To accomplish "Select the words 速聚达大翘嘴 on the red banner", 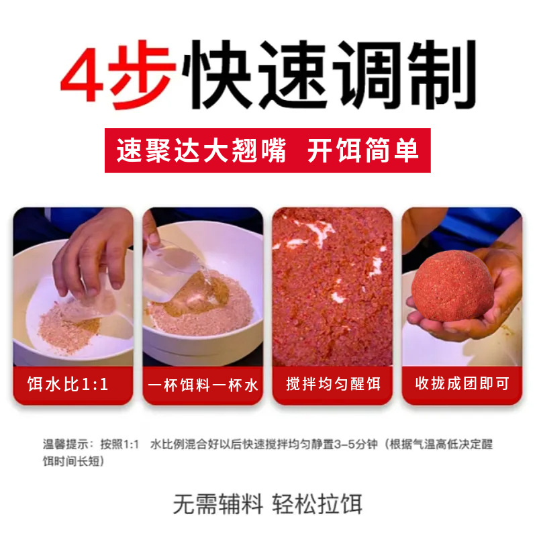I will (201, 150).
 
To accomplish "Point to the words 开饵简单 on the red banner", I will (363, 150).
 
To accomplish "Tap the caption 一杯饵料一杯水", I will (203, 384).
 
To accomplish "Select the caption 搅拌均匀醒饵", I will (333, 384).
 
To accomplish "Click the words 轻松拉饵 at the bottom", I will (318, 504).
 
